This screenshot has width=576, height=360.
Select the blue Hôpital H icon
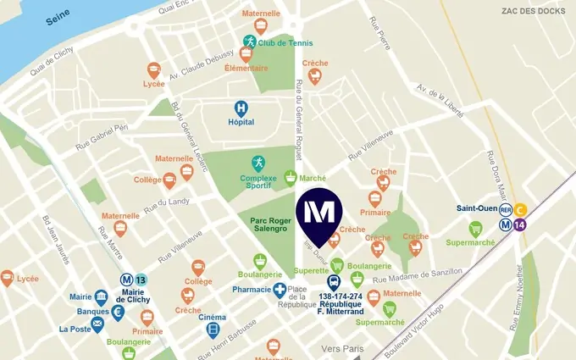pyautogui.click(x=241, y=108)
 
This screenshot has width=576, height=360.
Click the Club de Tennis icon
pyautogui.click(x=249, y=42)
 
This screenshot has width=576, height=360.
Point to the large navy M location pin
pyautogui.click(x=318, y=213)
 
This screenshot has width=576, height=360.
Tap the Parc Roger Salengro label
pyautogui.click(x=271, y=224)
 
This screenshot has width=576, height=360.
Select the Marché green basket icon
pyautogui.click(x=291, y=178)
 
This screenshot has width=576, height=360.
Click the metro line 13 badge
pyautogui.click(x=141, y=280)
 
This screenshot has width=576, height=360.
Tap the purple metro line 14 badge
pyautogui.click(x=520, y=224)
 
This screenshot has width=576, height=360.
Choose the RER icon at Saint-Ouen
pyautogui.click(x=506, y=210)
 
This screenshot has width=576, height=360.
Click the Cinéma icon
pyautogui.click(x=213, y=330)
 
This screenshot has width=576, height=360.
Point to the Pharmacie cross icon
pyautogui.click(x=280, y=290)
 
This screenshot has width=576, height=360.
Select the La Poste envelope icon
pyautogui.click(x=97, y=323)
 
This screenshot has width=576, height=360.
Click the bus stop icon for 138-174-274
pyautogui.click(x=334, y=282)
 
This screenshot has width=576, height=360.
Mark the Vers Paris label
pyautogui.click(x=342, y=348)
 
